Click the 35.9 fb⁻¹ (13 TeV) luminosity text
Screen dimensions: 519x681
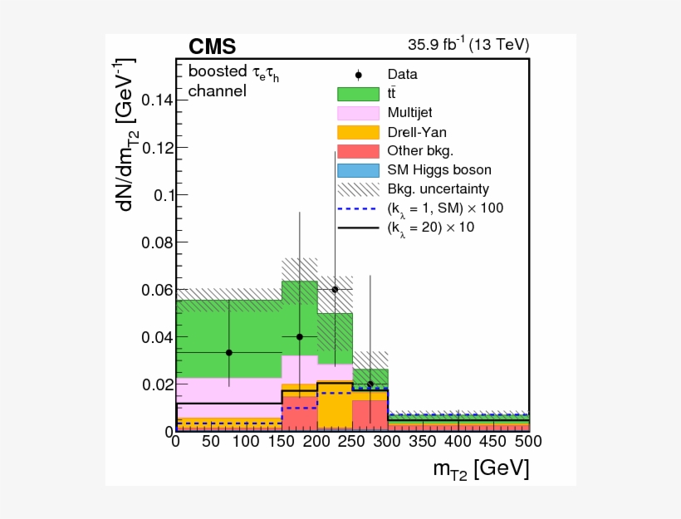click(x=468, y=45)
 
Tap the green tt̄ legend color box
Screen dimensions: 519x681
click(x=358, y=94)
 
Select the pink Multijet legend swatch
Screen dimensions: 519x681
click(x=358, y=113)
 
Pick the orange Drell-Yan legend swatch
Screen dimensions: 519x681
click(x=358, y=132)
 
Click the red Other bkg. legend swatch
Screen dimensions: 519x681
click(x=358, y=151)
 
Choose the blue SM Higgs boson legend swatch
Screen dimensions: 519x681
click(x=358, y=170)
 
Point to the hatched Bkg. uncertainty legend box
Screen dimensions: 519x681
click(x=358, y=189)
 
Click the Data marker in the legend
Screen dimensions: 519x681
click(x=358, y=75)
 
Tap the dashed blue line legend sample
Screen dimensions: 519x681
click(x=358, y=208)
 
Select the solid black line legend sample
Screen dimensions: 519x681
click(x=358, y=227)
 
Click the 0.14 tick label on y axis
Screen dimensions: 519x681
click(x=156, y=100)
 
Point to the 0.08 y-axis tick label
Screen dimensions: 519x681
click(x=156, y=242)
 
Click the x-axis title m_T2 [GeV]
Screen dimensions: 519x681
click(x=480, y=469)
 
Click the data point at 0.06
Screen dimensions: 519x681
click(x=335, y=290)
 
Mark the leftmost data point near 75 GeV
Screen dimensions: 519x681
click(x=229, y=352)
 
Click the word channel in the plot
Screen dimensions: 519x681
click(x=217, y=91)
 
